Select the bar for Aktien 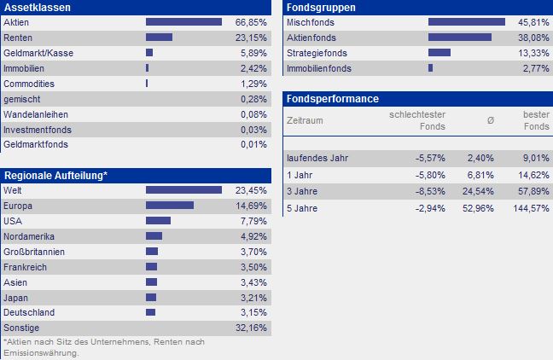tap(183, 22)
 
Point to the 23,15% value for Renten tap(253, 38)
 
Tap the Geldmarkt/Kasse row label tap(38, 53)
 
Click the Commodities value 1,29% tap(254, 84)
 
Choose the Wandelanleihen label tap(37, 114)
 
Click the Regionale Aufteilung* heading tap(56, 175)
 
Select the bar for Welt tap(183, 190)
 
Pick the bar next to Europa tap(170, 206)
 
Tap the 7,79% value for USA tap(254, 221)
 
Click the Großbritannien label tap(34, 252)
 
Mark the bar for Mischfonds tap(467, 22)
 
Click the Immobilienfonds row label tap(319, 68)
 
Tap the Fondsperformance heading tap(333, 99)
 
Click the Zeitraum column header tap(306, 120)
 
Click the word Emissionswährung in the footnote tap(39, 353)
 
